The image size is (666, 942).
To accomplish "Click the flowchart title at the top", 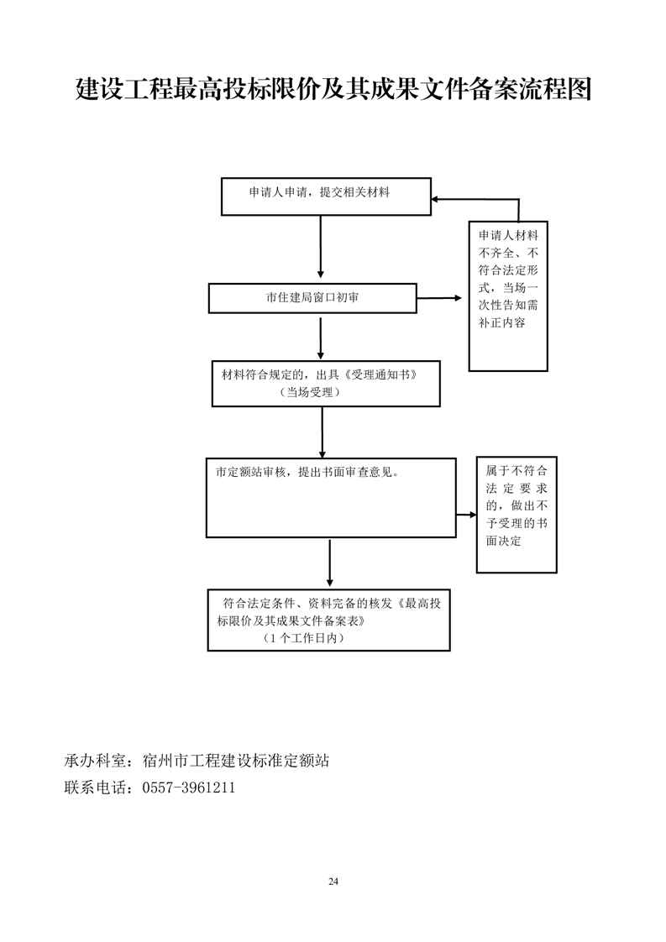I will [x=333, y=88].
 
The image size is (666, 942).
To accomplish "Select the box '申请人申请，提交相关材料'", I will [x=326, y=196].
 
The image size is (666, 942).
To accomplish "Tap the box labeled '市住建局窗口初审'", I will [x=312, y=298].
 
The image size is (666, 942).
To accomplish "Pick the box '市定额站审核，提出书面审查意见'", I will [x=331, y=497].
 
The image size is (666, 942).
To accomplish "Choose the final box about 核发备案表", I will [x=328, y=620].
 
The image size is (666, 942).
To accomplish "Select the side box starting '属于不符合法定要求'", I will [x=517, y=515].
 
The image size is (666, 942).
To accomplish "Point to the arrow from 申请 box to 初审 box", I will [x=321, y=246].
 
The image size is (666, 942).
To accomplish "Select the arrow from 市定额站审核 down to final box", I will [x=329, y=563].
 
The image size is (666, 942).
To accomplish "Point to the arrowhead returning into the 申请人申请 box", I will [x=438, y=200].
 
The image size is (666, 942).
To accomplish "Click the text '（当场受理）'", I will [x=312, y=393].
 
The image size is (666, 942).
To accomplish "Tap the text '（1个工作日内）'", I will [x=303, y=639].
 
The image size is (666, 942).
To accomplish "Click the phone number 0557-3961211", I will [x=189, y=788].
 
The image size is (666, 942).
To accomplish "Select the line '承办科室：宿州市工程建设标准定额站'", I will [x=197, y=761].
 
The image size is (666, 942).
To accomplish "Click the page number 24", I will [x=333, y=882].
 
